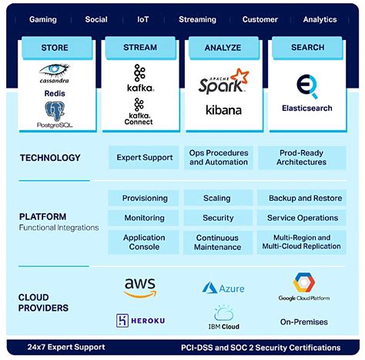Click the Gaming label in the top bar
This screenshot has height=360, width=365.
(x=43, y=19)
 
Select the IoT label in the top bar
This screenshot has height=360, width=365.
(x=143, y=19)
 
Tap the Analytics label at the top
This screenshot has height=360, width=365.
(x=320, y=19)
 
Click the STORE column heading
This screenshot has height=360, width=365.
(x=55, y=48)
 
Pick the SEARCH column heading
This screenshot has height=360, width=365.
(x=307, y=48)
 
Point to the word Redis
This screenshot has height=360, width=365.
(x=55, y=94)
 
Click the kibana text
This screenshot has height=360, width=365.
(x=223, y=110)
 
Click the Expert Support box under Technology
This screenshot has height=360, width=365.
(x=144, y=158)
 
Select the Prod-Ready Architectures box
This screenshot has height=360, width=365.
(x=302, y=158)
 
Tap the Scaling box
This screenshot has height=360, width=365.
(x=217, y=198)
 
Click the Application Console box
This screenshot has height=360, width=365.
(x=144, y=242)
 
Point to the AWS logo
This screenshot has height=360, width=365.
(x=139, y=287)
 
